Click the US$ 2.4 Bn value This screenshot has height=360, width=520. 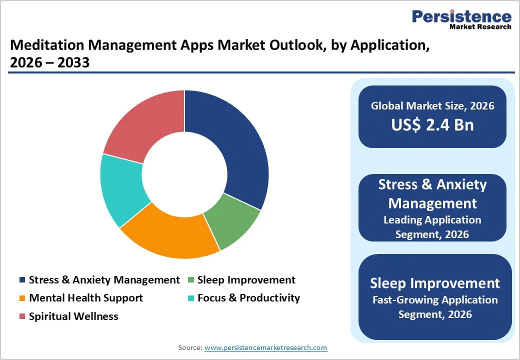(432, 124)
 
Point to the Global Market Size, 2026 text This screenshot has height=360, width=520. (432, 105)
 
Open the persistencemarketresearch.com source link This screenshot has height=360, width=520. (265, 347)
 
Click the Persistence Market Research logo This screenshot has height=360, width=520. (461, 20)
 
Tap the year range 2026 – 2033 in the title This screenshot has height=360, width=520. (49, 63)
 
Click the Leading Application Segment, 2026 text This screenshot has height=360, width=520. (432, 227)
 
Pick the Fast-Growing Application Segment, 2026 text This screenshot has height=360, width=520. (435, 307)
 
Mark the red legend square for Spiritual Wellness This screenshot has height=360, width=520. (22, 316)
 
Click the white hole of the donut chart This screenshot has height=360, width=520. (184, 174)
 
